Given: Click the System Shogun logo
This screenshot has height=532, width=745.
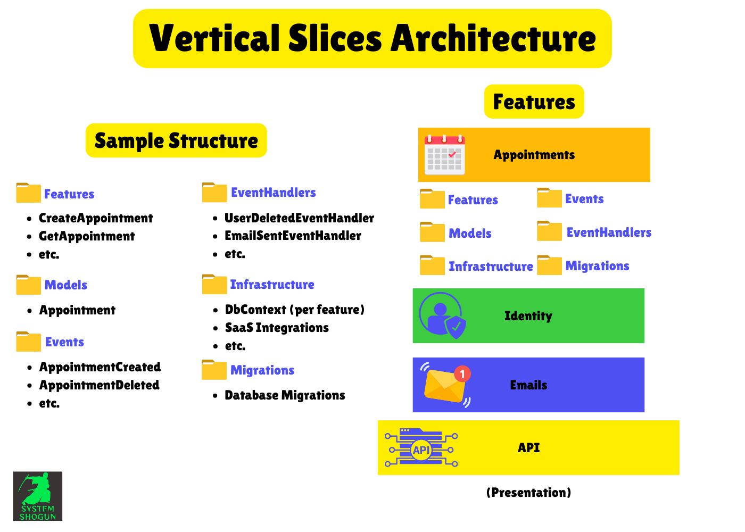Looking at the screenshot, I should pyautogui.click(x=37, y=496).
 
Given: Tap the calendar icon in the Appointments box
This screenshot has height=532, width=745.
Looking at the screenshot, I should pyautogui.click(x=444, y=155).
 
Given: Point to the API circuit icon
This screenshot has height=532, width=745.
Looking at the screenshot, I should pyautogui.click(x=421, y=448).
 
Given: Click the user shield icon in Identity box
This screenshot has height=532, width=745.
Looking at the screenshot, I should pyautogui.click(x=442, y=315).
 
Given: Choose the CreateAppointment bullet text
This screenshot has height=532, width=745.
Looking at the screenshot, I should pyautogui.click(x=96, y=218).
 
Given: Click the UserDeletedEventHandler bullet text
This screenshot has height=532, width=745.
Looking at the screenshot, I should pyautogui.click(x=299, y=218).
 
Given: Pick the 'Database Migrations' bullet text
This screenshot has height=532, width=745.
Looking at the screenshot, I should pyautogui.click(x=285, y=395).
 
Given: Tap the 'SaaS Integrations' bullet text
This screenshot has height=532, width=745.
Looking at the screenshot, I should pyautogui.click(x=277, y=328).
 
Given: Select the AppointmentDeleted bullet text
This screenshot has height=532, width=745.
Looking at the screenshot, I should pyautogui.click(x=100, y=385).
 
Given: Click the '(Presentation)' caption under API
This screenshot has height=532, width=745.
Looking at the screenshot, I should pyautogui.click(x=528, y=493).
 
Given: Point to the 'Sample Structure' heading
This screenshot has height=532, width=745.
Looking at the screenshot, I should pyautogui.click(x=176, y=141).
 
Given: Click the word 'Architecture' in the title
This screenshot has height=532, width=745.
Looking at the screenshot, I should pyautogui.click(x=493, y=39).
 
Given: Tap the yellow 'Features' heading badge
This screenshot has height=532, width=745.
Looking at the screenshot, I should pyautogui.click(x=534, y=102).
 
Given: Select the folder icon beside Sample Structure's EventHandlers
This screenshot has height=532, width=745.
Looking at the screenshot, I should pyautogui.click(x=214, y=193).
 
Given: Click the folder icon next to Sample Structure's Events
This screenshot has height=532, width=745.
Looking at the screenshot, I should pyautogui.click(x=29, y=342).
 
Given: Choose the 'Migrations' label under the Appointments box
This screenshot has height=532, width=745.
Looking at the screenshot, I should pyautogui.click(x=597, y=266).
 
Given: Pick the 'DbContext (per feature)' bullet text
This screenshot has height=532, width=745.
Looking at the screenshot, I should pyautogui.click(x=294, y=310).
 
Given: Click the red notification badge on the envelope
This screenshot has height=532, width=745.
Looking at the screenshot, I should pyautogui.click(x=462, y=373).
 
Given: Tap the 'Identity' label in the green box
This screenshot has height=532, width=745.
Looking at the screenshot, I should pyautogui.click(x=528, y=316).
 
